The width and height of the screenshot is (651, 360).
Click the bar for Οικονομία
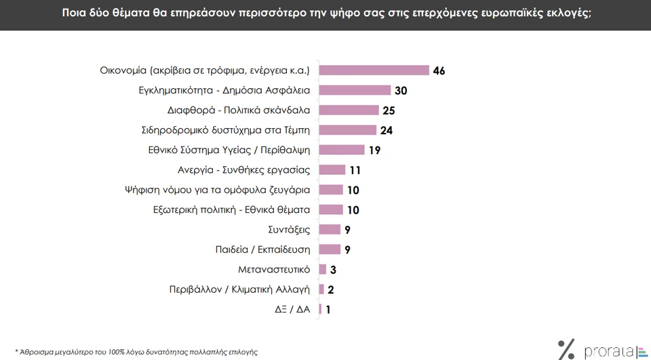374,71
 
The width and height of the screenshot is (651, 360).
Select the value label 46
439,71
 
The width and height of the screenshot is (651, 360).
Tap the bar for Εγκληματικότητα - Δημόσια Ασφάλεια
355,90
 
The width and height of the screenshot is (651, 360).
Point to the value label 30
401,91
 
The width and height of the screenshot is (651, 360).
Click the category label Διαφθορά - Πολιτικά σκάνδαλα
239,111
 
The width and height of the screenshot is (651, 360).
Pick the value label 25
389,111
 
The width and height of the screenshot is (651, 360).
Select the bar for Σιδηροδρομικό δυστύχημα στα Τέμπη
347,130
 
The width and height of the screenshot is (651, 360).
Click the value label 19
374,151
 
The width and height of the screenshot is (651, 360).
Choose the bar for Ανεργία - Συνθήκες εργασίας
332,170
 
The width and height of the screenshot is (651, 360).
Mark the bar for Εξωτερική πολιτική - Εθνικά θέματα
331,210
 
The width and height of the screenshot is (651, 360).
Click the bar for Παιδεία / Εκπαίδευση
330,249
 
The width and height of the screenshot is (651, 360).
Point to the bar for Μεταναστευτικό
323,269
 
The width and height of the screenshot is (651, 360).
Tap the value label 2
330,289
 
